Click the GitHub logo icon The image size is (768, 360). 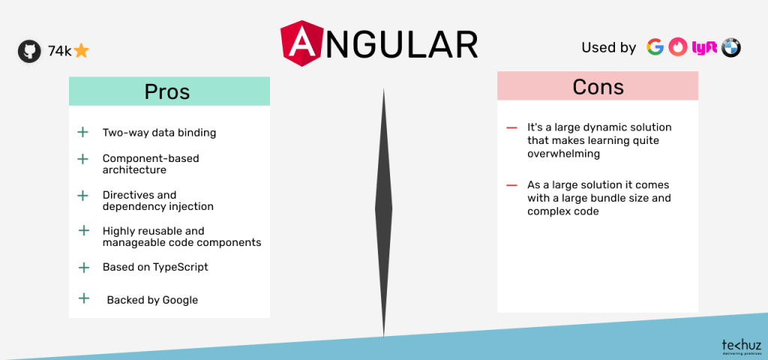(x=29, y=51)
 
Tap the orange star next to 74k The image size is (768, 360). (x=81, y=51)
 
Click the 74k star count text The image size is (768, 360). (x=59, y=51)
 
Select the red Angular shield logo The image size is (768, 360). (x=302, y=43)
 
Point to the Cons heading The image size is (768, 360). (x=598, y=86)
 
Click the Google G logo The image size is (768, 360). (x=655, y=47)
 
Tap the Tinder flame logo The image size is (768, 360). (x=678, y=47)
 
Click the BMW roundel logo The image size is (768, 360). (x=730, y=47)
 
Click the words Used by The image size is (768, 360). (x=608, y=47)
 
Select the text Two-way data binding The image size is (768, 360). (x=159, y=133)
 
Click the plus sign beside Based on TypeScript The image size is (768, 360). (x=83, y=266)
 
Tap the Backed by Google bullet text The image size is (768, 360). (x=152, y=300)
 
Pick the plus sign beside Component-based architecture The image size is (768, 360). (x=83, y=159)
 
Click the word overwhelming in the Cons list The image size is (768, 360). (x=564, y=154)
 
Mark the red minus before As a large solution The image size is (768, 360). (x=511, y=185)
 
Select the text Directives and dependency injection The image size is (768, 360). (x=157, y=200)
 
